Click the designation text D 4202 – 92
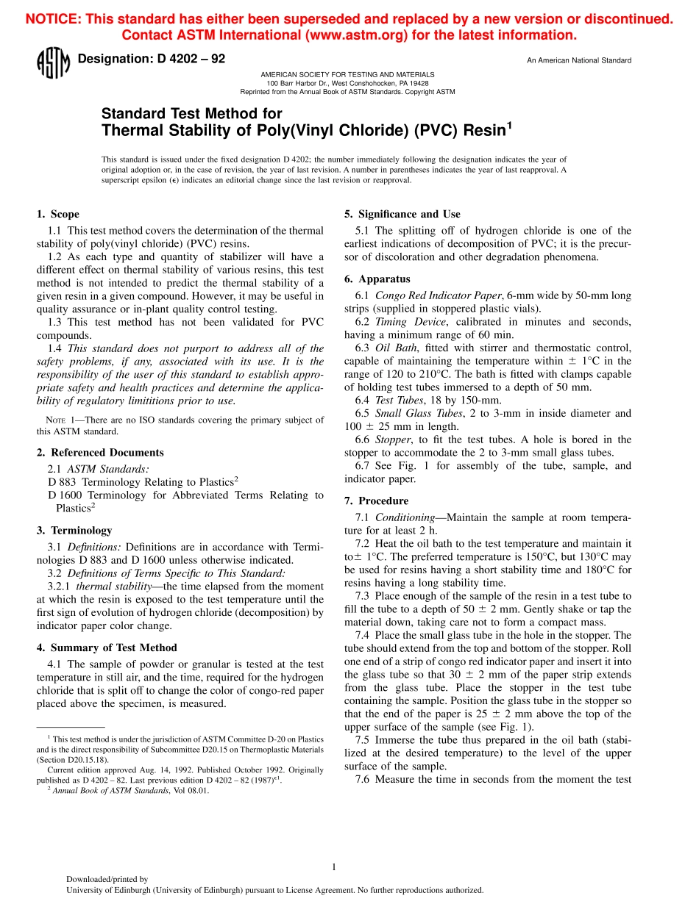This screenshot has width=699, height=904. pos(151,59)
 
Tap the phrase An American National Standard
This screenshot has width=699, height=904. pos(578,60)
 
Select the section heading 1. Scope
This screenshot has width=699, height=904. pos(57,215)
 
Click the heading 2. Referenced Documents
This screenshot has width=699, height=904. pos(100,453)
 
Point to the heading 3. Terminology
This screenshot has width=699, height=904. pos(74,531)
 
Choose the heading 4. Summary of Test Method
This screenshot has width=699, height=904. pos(107,647)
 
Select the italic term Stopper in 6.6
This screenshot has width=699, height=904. pos(393,440)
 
